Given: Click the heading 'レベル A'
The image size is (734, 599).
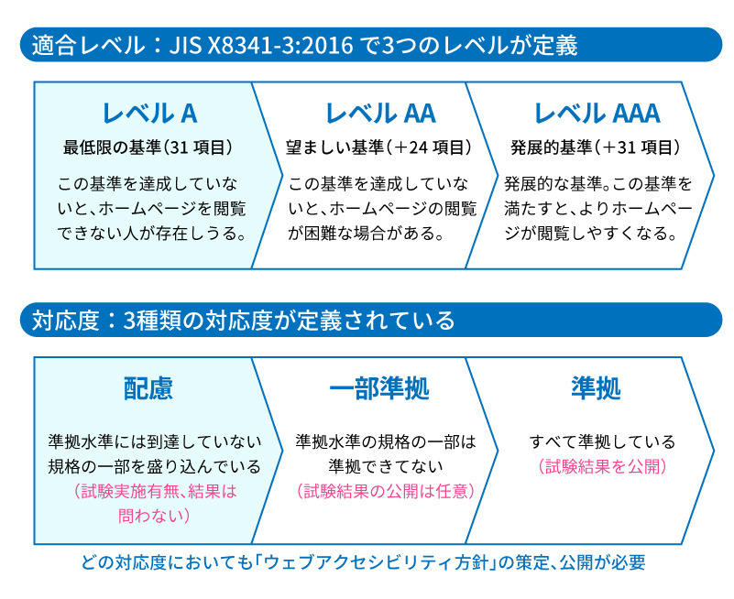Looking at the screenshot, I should pos(149,114).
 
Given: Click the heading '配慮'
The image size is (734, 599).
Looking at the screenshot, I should pos(148,388).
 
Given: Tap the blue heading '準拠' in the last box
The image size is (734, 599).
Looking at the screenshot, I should pos(595,388).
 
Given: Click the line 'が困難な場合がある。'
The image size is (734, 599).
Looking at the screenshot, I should pos(366,233).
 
